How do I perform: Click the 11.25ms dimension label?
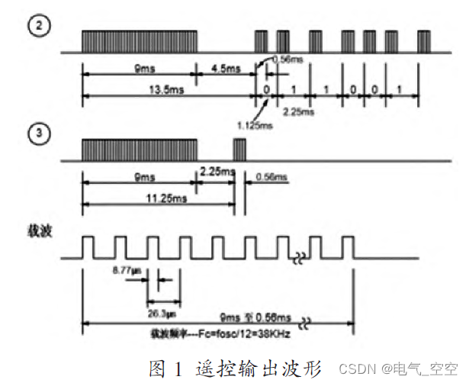pyautogui.click(x=158, y=199)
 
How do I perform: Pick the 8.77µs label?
pyautogui.click(x=123, y=271)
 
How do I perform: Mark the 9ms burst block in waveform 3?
pyautogui.click(x=140, y=149)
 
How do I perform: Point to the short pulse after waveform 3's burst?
pyautogui.click(x=239, y=149)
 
